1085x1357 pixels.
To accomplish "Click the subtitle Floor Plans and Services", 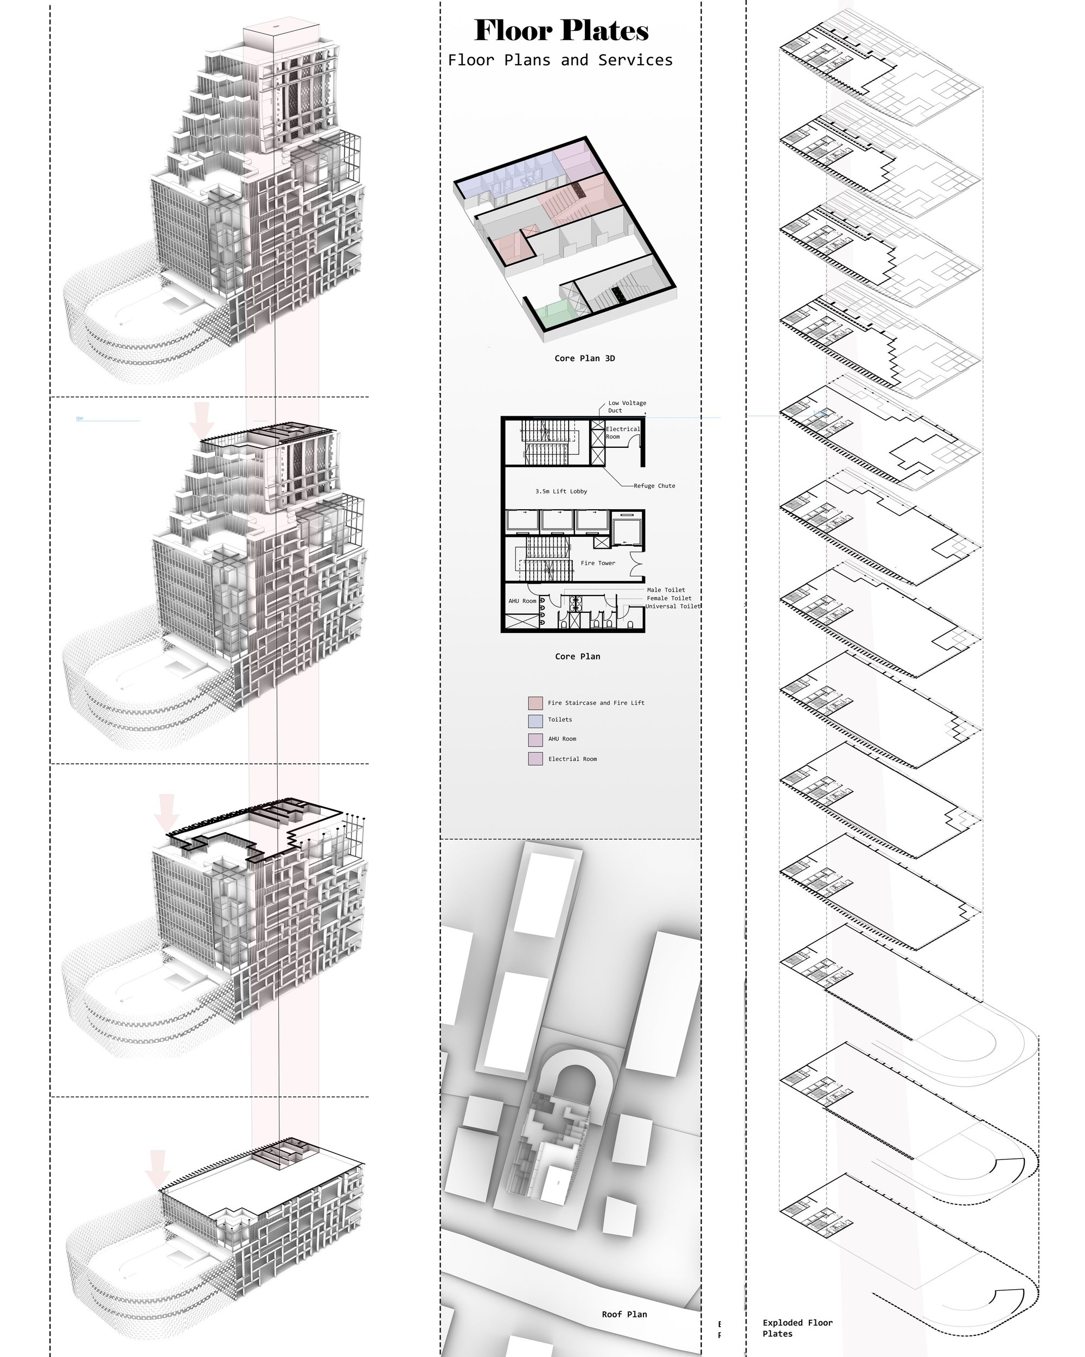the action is point(560,60).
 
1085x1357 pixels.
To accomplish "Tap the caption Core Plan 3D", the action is point(584,358).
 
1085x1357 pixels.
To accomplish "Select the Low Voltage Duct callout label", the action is point(627,407).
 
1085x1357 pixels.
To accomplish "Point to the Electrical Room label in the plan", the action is point(622,433).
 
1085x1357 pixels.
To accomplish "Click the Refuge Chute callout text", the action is point(654,486).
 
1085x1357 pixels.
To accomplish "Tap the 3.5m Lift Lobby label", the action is point(561,491).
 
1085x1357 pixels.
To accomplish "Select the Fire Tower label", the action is point(597,563).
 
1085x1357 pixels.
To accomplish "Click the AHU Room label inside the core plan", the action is point(522,601).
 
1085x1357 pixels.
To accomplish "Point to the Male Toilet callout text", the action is point(666,590).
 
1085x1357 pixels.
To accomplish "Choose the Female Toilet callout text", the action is point(668,598).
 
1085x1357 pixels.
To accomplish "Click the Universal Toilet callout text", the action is point(672,606).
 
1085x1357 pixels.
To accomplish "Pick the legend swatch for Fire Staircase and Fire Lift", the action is point(535,702).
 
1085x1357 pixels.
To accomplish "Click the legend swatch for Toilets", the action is point(535,720).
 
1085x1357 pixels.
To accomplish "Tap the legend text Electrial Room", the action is point(572,759).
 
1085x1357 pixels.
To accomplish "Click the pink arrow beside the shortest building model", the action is point(157,1169).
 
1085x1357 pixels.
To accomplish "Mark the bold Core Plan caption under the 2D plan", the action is point(577,656).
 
